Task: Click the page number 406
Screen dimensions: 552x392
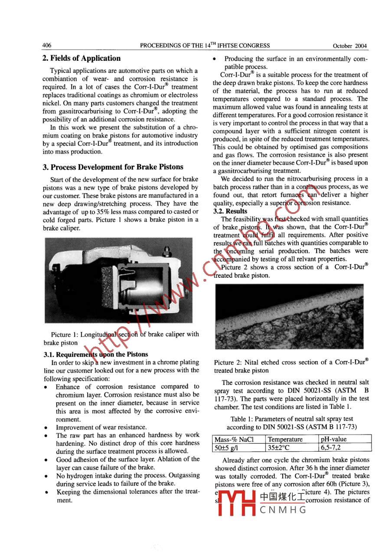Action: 47,46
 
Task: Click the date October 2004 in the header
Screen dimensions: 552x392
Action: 350,46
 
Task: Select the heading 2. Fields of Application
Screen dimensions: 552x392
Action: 82,59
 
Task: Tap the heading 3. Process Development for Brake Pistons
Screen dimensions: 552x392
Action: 113,167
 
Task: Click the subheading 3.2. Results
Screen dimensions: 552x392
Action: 230,211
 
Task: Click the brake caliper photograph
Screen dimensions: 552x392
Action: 118,280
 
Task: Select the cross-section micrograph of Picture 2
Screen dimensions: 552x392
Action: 289,316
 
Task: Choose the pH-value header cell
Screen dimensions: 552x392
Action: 334,439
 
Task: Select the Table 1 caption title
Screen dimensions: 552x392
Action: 292,419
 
